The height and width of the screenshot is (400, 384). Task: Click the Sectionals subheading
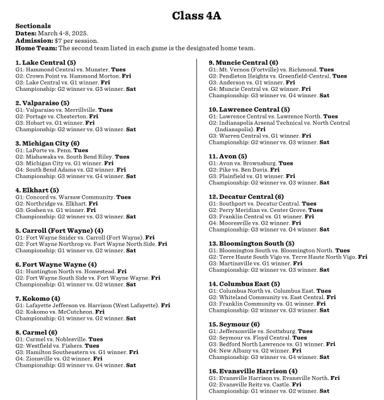click(x=30, y=26)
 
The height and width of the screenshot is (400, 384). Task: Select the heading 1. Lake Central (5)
click(x=45, y=62)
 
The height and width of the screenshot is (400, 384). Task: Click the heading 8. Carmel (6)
click(x=38, y=332)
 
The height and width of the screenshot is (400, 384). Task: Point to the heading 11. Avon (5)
click(x=229, y=156)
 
